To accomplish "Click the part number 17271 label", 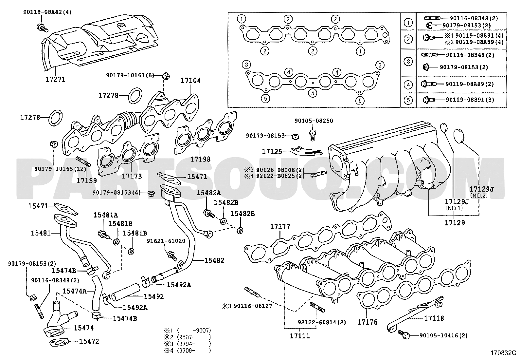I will [55, 79].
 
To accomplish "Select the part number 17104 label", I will [191, 81].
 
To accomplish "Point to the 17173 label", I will [132, 176].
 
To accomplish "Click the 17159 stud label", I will [87, 180].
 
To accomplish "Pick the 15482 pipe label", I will [214, 260].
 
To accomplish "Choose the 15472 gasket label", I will [89, 341].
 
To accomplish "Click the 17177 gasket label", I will [280, 227].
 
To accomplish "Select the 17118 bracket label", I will [434, 318].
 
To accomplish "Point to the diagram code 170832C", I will [503, 353].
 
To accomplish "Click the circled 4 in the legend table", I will [408, 85].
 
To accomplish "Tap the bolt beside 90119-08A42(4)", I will [42, 28].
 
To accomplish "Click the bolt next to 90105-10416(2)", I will [404, 335].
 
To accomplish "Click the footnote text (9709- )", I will [193, 351].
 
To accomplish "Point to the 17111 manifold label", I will [299, 336].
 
